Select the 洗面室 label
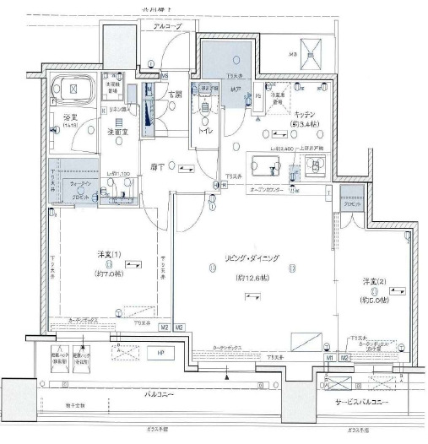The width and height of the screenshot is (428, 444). point(116,132)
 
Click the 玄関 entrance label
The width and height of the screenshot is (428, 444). point(175,95)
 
